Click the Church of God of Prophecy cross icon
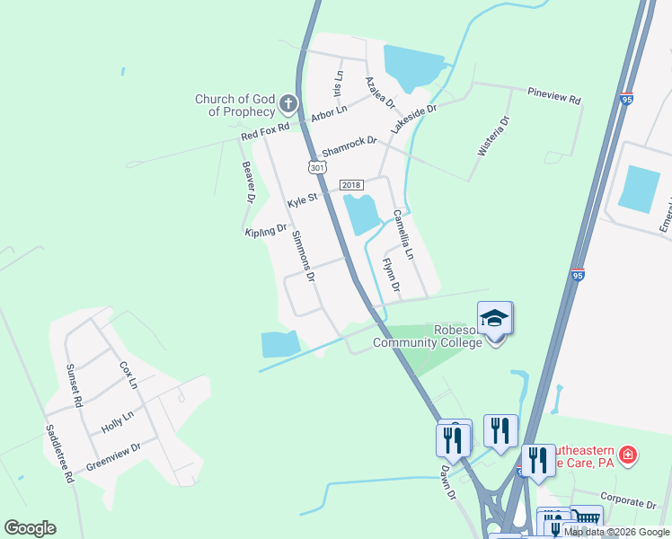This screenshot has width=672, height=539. tap(287, 103)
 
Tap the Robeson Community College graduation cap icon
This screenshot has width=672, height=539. tap(495, 318)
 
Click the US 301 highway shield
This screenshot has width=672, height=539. tap(316, 167)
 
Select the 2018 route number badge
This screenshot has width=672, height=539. tap(351, 186)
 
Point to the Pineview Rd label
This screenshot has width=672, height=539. tap(554, 93)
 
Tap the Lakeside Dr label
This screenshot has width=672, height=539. tap(413, 119)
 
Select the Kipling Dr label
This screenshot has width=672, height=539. tap(265, 231)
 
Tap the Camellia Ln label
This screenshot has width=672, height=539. tap(402, 235)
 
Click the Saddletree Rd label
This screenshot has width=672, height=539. tap(59, 454)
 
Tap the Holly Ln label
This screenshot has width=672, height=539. tap(117, 423)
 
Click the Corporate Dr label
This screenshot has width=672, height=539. tap(630, 504)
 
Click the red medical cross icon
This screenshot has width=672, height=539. tap(627, 455)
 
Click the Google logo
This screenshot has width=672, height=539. tap(30, 528)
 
